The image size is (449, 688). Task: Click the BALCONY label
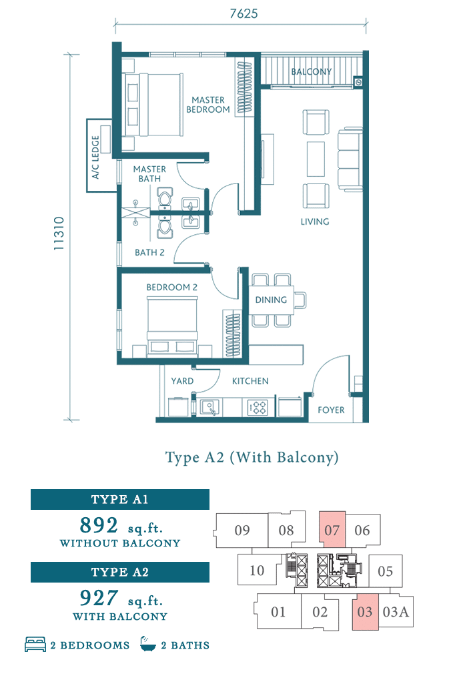click(x=311, y=72)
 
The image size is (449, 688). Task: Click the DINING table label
click(x=271, y=300)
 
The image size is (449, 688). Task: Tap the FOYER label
click(x=331, y=410)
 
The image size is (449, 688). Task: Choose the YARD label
click(x=182, y=381)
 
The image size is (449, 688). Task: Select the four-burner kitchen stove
click(x=258, y=407)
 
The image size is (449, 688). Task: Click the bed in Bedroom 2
click(x=172, y=324)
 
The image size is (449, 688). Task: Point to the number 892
click(x=99, y=525)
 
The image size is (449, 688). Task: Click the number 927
click(x=99, y=597)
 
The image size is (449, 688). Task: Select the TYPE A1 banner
click(x=120, y=500)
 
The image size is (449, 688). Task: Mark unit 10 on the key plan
click(x=257, y=571)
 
